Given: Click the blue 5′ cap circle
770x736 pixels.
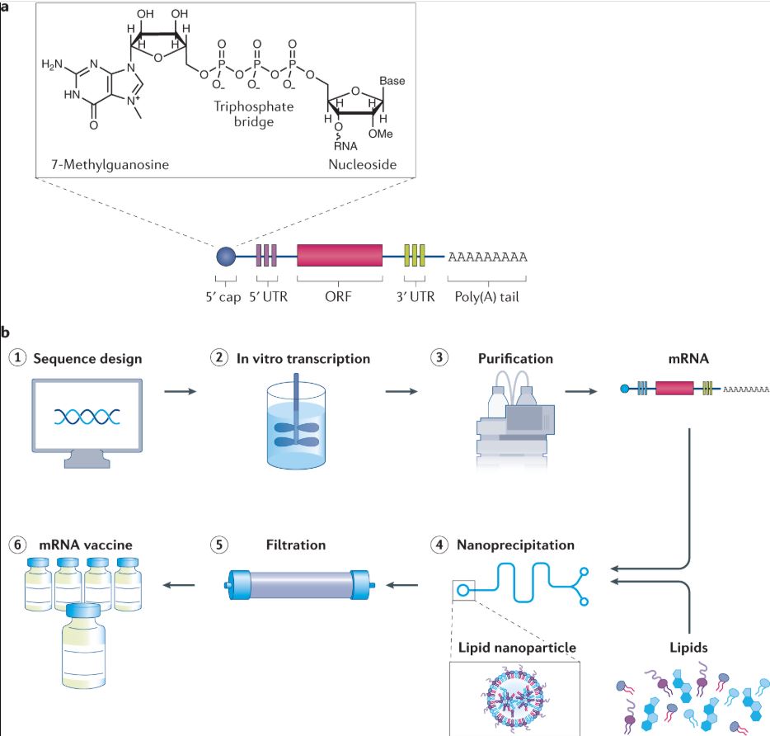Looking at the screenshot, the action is click(226, 257).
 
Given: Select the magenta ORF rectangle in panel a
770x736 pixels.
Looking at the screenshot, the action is click(340, 255).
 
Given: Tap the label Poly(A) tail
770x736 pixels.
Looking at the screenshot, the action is click(486, 297).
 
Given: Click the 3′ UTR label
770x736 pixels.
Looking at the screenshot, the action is click(416, 296).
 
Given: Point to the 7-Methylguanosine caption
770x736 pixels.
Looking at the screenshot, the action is click(110, 164).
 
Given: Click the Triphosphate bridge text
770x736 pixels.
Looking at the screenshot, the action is click(253, 114).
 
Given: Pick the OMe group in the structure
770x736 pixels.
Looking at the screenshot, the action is click(381, 134).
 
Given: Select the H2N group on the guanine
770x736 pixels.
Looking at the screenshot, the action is click(52, 64).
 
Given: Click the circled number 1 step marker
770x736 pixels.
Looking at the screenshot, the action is click(17, 357).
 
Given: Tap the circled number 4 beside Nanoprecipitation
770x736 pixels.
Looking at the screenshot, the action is click(439, 545).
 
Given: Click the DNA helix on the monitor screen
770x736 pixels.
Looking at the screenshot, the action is click(87, 417).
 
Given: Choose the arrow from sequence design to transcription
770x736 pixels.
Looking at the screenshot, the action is click(181, 391).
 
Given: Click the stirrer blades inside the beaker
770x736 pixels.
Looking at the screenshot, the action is click(296, 434).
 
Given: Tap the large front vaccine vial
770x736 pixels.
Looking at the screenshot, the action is click(83, 645).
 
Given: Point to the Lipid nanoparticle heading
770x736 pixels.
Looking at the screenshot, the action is click(517, 647).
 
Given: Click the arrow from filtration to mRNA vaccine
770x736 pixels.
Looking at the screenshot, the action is click(179, 585).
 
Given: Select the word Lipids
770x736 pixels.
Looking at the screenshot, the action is click(688, 648).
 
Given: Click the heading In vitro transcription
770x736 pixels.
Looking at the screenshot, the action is click(303, 358).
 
